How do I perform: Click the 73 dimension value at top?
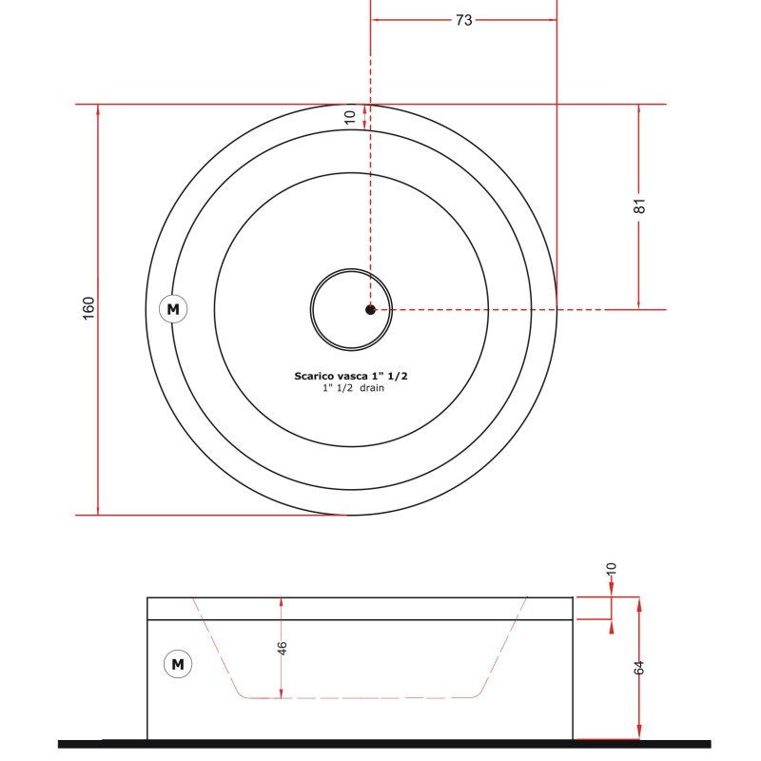coord(463,20)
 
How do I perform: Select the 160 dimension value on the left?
coord(88,308)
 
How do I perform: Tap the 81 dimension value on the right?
coord(639,205)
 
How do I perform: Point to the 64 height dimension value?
coord(639,668)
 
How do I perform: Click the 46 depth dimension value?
coord(282,648)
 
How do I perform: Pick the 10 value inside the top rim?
coord(350,117)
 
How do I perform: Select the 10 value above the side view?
coord(611,569)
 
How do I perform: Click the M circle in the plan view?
coord(173,308)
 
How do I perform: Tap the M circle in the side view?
coord(178,664)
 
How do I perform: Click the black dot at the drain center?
coord(370,310)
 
